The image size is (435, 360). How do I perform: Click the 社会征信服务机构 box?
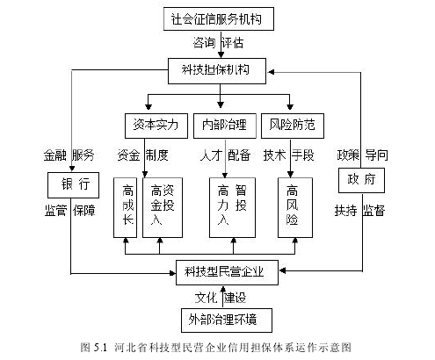tap(219, 19)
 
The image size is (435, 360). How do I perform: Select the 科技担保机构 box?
tap(217, 71)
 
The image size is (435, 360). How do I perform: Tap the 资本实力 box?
tap(156, 126)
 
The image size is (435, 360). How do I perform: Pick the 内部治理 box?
tap(225, 126)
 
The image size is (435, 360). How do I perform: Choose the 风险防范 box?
tap(293, 126)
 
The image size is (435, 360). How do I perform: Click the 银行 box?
tap(73, 185)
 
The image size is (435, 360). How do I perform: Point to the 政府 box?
tap(361, 180)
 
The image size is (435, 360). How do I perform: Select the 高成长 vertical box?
tap(125, 207)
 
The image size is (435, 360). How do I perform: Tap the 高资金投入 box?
tap(163, 207)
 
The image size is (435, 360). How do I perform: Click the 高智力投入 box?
tap(232, 207)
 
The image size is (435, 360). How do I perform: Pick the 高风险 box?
tap(295, 207)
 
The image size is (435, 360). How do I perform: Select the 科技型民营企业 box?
tap(227, 272)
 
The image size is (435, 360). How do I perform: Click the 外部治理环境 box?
tap(227, 320)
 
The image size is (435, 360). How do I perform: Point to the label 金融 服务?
tap(69, 155)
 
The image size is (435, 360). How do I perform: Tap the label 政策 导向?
tap(363, 155)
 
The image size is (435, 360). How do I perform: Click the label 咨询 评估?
tap(218, 43)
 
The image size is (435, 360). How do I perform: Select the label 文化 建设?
tap(221, 298)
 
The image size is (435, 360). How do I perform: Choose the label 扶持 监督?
tap(360, 211)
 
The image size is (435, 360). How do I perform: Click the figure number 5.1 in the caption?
tap(100, 348)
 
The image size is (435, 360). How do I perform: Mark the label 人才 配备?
tap(225, 155)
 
